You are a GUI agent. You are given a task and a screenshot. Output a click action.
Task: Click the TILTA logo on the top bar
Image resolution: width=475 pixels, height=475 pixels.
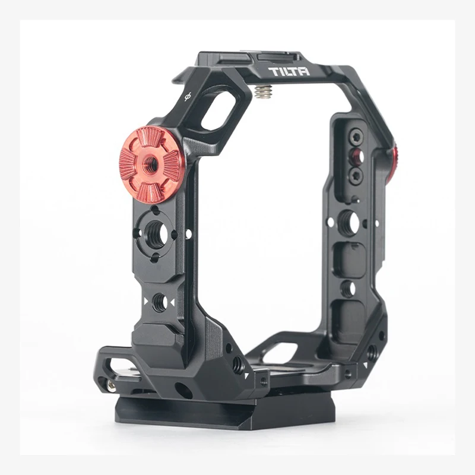point(287,73)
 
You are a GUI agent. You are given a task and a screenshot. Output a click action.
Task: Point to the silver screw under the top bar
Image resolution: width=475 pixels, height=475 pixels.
point(262,90)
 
